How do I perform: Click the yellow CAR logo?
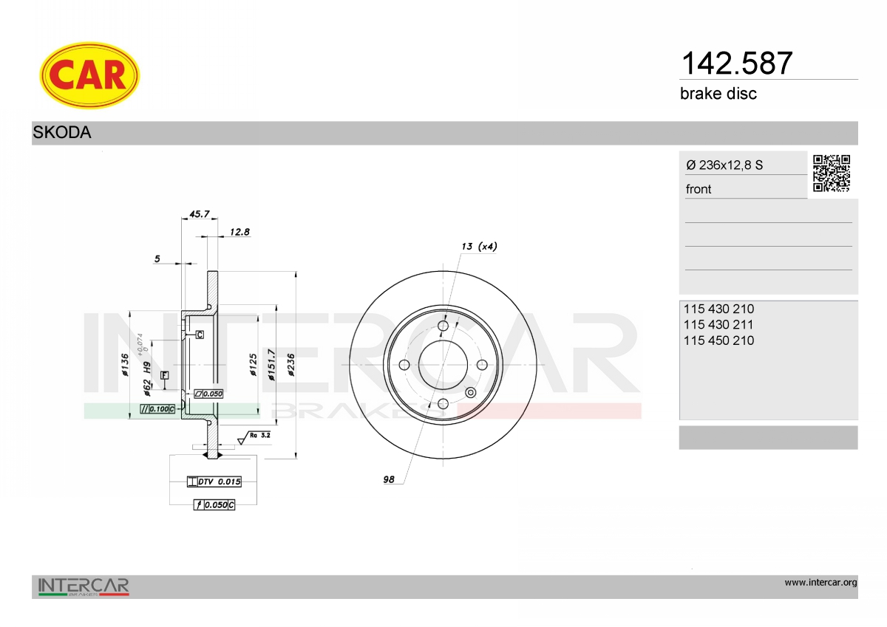(x=89, y=75)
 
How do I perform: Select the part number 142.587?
(x=736, y=64)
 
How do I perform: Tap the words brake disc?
(x=718, y=94)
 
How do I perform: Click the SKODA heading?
(x=62, y=132)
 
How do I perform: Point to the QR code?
(x=832, y=174)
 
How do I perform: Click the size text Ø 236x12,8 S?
(x=724, y=165)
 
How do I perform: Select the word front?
(x=699, y=189)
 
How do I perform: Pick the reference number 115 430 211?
(x=718, y=325)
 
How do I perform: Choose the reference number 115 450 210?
(x=718, y=340)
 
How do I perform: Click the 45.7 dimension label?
(x=199, y=214)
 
